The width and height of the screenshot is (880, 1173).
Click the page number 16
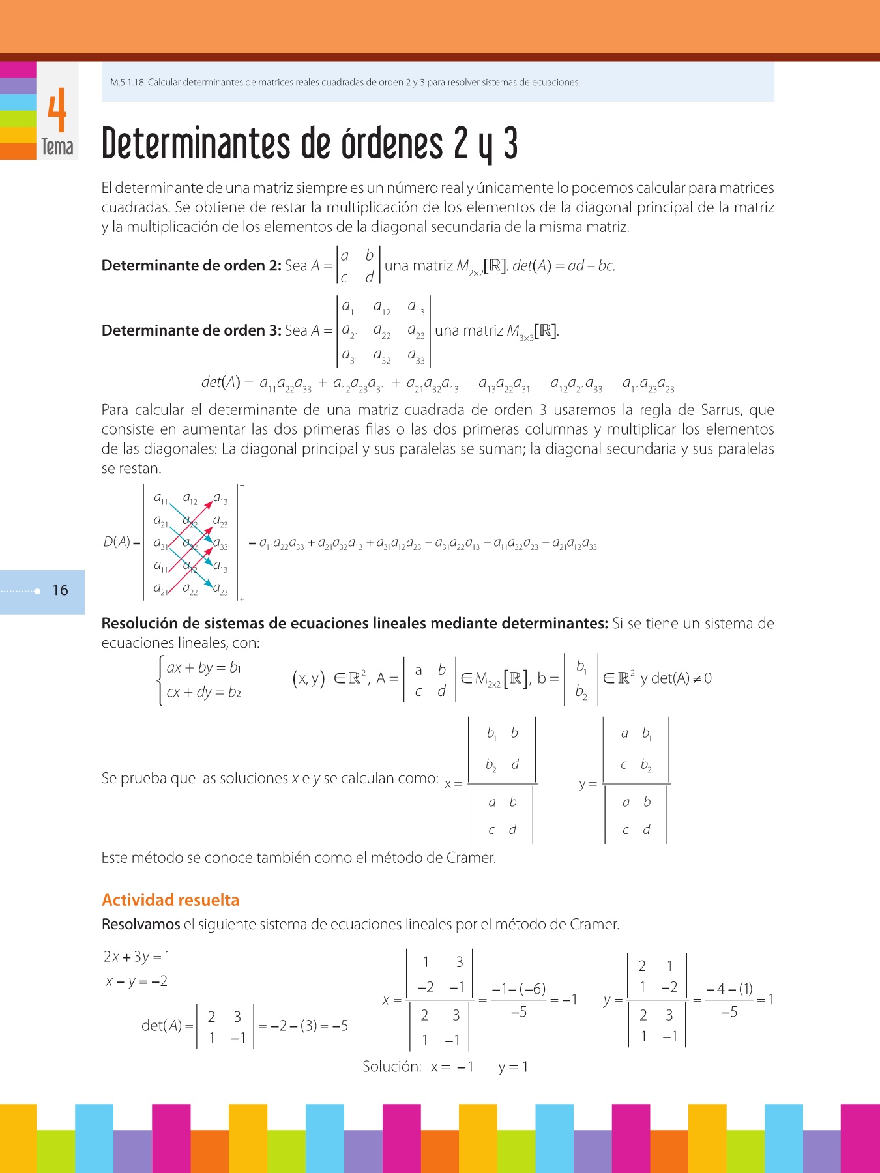(60, 590)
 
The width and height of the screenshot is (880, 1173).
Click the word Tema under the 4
(57, 147)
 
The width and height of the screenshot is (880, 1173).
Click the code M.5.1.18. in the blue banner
(128, 83)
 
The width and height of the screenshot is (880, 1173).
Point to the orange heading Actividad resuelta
(171, 900)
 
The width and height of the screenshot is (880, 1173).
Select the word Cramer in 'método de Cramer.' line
(471, 858)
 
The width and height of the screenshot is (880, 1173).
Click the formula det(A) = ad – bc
(564, 266)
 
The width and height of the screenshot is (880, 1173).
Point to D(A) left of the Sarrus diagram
(118, 542)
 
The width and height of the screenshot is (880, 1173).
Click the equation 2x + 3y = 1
(137, 957)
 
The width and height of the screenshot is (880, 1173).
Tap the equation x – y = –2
(137, 981)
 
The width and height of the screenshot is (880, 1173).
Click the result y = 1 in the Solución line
(513, 1067)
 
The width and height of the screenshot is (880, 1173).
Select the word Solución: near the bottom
(392, 1067)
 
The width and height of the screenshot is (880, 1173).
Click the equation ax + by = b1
(204, 667)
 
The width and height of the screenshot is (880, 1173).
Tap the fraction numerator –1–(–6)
(519, 989)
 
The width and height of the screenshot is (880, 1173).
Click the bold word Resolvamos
(141, 924)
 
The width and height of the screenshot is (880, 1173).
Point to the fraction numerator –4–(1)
(729, 989)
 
